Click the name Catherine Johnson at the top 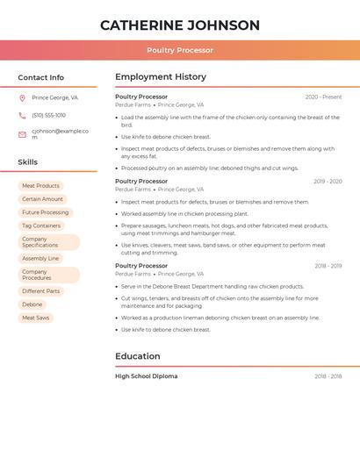(180, 25)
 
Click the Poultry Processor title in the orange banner (180, 50)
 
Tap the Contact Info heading (41, 77)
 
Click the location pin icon (22, 98)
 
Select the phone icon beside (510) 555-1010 (22, 116)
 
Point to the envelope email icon (22, 134)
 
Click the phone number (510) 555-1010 (49, 116)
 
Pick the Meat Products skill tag (40, 186)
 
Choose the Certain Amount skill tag (42, 199)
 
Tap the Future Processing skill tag (45, 212)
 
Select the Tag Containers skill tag (41, 225)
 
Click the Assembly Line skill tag (40, 259)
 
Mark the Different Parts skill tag (41, 291)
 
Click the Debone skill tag (32, 304)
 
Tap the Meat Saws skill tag (36, 318)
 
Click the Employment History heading (161, 77)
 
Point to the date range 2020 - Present (323, 97)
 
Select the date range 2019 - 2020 (328, 182)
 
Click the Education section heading (138, 356)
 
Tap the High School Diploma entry (146, 376)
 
